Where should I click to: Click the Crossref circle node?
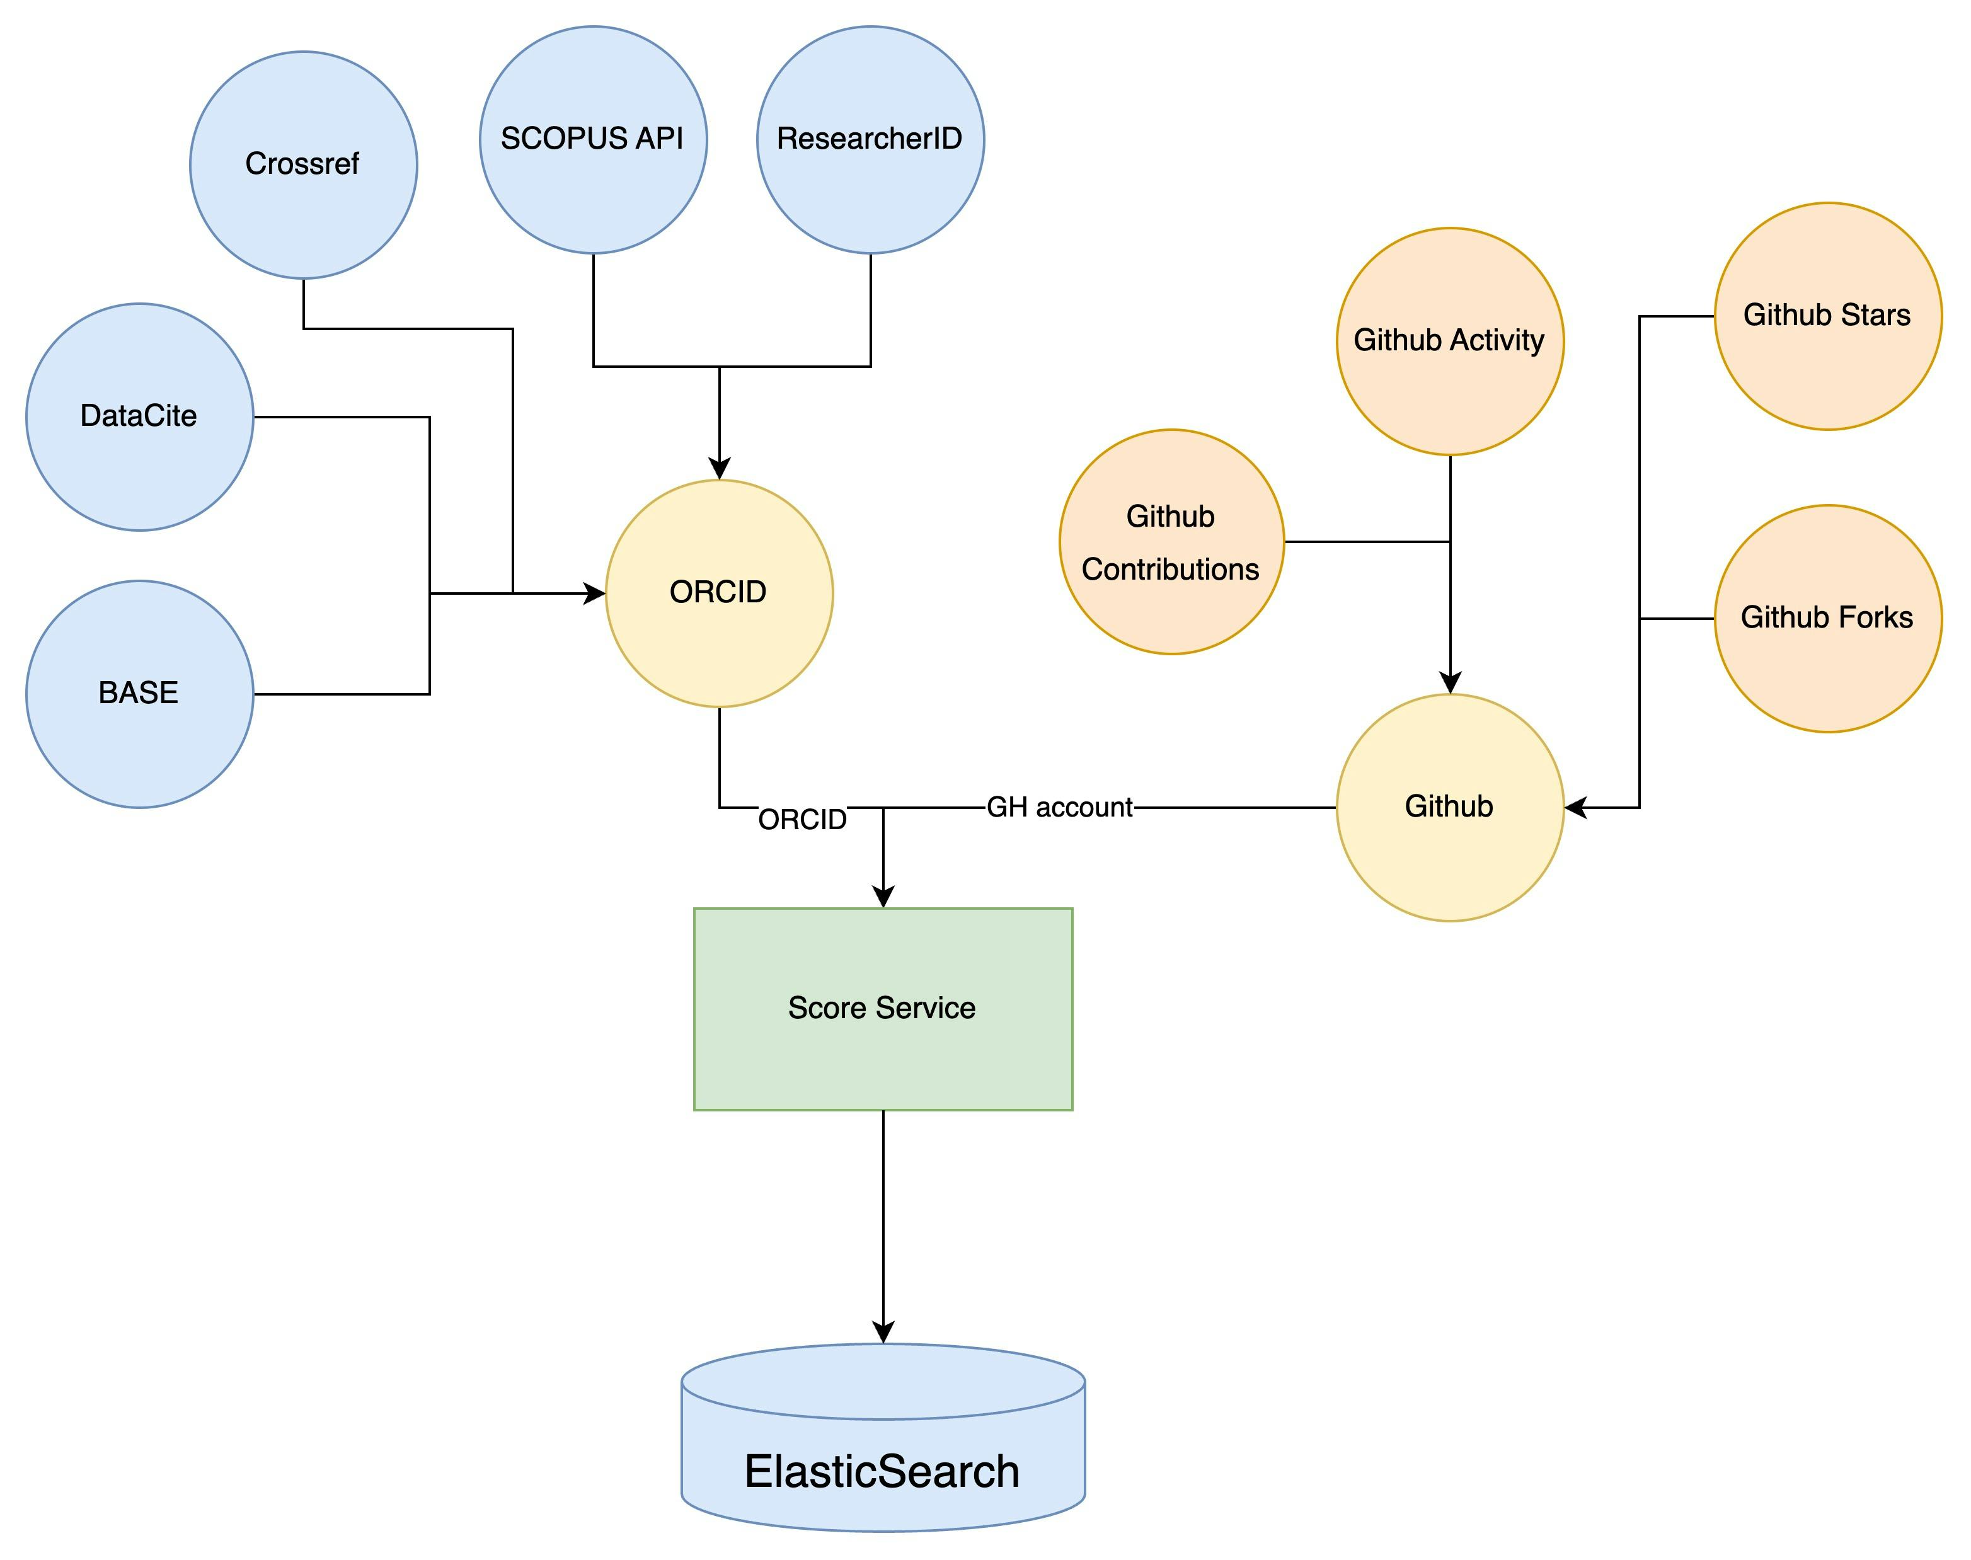click(x=303, y=165)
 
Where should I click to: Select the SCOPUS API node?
click(x=593, y=140)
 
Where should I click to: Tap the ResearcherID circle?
click(x=870, y=140)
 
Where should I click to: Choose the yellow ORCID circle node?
click(x=719, y=593)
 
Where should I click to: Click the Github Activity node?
click(x=1449, y=341)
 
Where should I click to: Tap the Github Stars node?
click(x=1827, y=316)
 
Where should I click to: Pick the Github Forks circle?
click(x=1827, y=618)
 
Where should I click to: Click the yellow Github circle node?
click(x=1449, y=807)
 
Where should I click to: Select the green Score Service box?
click(x=882, y=1008)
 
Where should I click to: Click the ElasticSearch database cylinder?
click(x=882, y=1452)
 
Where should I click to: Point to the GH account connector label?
click(x=1059, y=807)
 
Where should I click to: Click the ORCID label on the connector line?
click(x=802, y=819)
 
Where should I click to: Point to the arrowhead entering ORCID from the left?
click(x=595, y=594)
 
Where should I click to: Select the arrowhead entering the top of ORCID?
click(x=720, y=469)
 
